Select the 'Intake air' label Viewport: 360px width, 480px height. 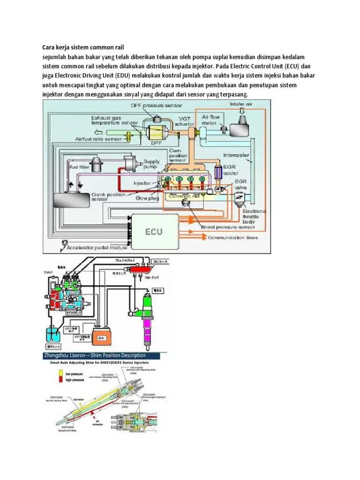coord(241,104)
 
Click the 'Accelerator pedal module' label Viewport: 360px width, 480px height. coord(97,247)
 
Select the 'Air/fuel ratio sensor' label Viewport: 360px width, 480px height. coord(98,139)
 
